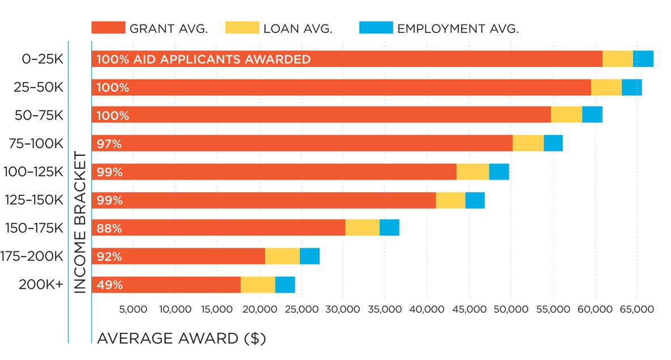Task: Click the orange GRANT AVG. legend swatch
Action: (108, 28)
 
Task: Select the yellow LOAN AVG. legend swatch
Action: (242, 28)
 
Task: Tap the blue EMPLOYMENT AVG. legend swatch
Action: (376, 28)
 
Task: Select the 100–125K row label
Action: (33, 172)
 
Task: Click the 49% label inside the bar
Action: (109, 285)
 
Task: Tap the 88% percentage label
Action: (109, 228)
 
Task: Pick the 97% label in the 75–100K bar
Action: (109, 144)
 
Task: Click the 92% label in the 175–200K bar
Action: (109, 256)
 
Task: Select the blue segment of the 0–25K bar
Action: (643, 59)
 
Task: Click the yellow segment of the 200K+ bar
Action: (258, 285)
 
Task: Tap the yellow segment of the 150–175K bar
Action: (362, 228)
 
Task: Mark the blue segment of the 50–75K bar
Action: (592, 115)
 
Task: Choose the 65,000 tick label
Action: (637, 310)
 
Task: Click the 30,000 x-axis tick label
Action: (343, 310)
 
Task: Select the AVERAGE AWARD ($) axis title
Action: (181, 338)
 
